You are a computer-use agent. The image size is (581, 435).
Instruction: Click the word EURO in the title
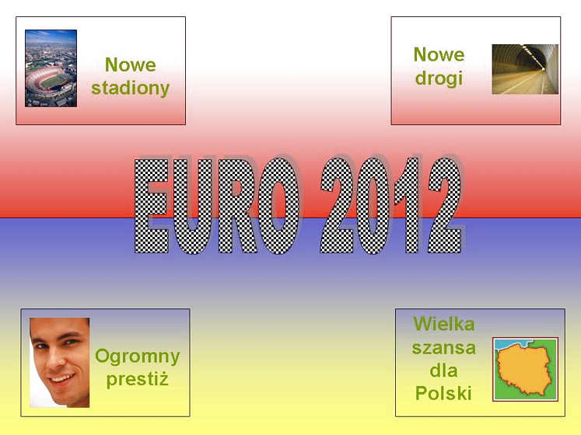[216, 206]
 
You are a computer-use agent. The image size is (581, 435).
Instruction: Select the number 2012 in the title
[392, 206]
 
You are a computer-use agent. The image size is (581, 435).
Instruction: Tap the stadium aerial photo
[51, 68]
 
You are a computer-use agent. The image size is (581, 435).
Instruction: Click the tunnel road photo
[525, 69]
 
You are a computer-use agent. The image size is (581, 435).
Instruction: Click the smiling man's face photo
[60, 363]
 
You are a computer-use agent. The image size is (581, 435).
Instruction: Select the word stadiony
[131, 89]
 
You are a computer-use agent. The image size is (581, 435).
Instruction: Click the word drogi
[439, 79]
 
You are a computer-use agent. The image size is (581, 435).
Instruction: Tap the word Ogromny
[138, 357]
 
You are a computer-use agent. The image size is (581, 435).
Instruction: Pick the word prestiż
[138, 379]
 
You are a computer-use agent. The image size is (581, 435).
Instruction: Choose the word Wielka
[444, 324]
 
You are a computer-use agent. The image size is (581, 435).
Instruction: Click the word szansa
[444, 348]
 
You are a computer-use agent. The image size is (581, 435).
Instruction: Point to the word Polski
[443, 393]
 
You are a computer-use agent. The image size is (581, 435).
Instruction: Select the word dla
[443, 371]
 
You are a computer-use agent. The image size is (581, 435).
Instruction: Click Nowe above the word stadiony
[131, 64]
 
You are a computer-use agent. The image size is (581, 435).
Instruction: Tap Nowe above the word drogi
[439, 54]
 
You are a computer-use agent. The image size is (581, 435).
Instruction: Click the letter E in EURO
[151, 206]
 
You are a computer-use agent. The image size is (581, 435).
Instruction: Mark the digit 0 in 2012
[377, 206]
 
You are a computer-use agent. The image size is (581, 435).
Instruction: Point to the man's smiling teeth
[62, 378]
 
